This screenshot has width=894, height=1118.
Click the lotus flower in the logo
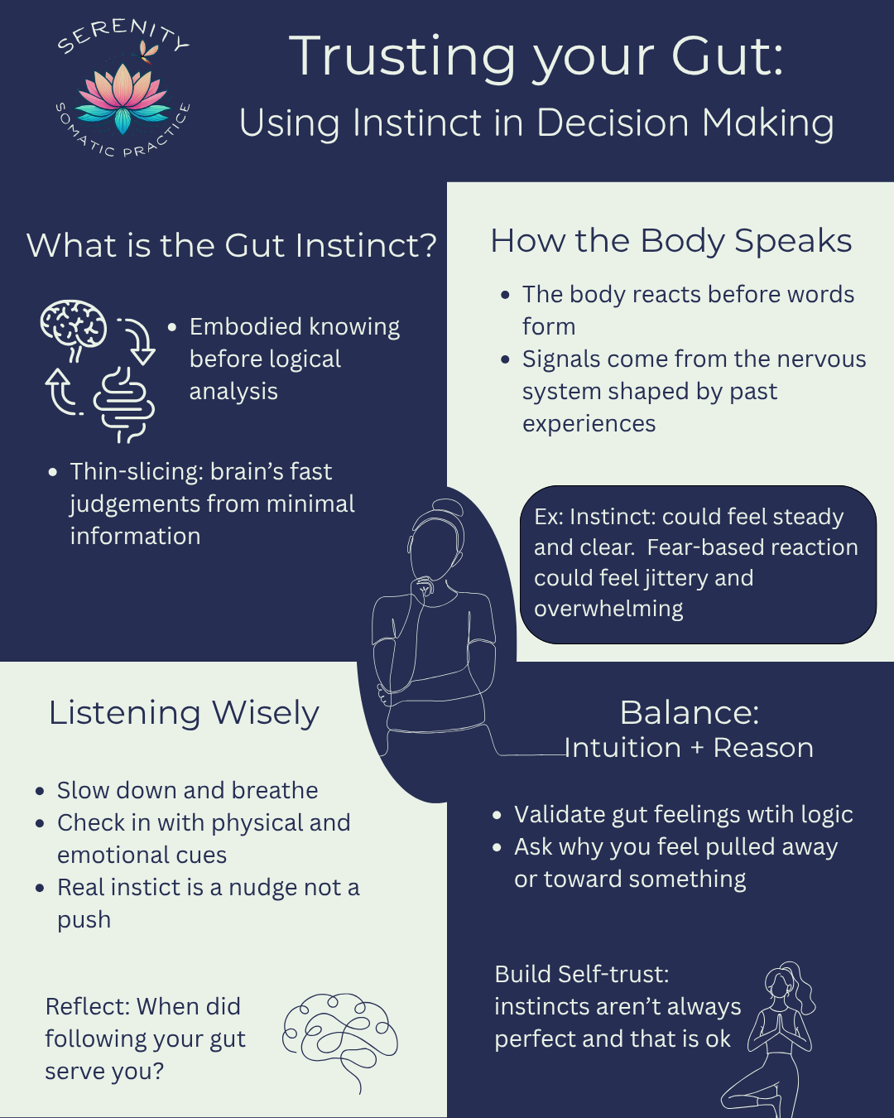123,99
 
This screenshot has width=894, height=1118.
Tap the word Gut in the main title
727,56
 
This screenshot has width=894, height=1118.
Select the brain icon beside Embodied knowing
74,325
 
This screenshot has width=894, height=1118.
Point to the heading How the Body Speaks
670,241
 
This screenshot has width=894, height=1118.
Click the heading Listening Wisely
184,712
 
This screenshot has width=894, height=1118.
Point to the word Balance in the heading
689,712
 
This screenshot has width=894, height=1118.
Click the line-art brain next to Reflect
339,1039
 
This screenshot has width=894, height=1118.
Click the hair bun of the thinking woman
448,507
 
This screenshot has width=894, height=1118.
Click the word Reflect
87,1006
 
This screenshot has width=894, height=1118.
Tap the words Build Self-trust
581,974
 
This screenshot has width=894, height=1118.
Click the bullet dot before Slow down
40,791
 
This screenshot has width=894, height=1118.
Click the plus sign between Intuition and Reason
697,748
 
